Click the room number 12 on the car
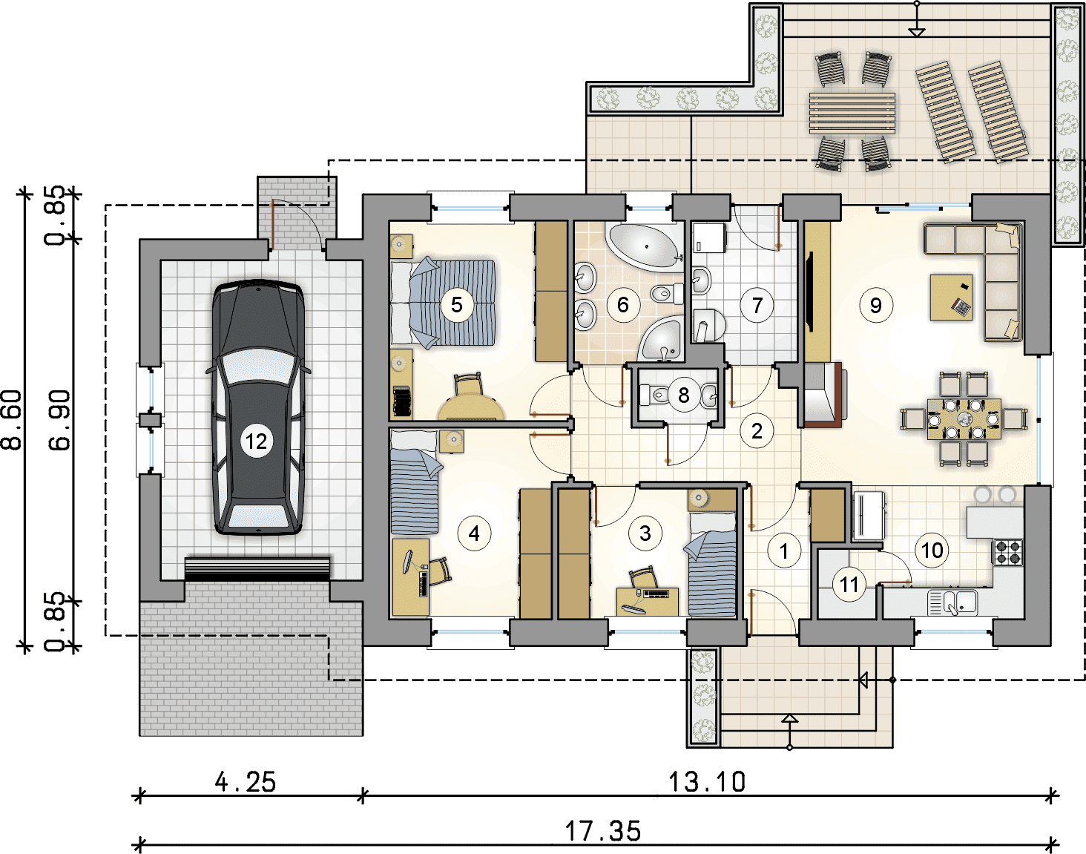point(256,441)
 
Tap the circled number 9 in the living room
point(875,305)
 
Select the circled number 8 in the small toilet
point(683,395)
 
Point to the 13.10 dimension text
point(706,782)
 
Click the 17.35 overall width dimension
point(602,831)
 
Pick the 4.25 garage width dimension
point(246,782)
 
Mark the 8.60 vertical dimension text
point(12,420)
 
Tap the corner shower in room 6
point(662,339)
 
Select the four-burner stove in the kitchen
point(1008,552)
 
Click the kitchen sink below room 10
point(952,602)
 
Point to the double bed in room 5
point(443,303)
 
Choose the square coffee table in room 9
point(951,298)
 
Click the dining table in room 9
point(964,418)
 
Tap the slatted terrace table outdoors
point(852,113)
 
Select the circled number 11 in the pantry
point(849,585)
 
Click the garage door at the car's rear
point(257,569)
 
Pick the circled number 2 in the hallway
point(757,430)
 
